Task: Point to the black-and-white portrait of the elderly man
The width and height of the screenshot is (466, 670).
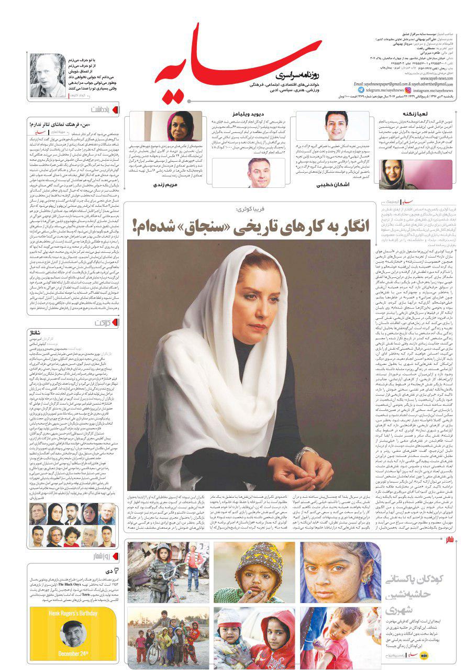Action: pyautogui.click(x=48, y=75)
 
